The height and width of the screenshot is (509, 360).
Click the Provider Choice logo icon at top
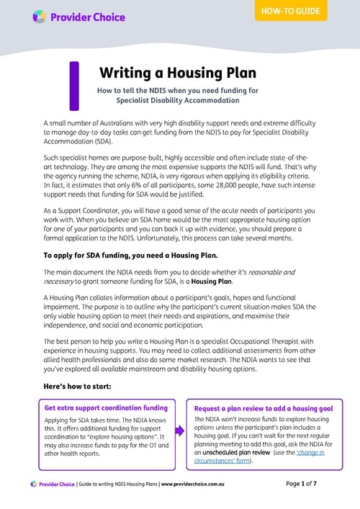pos(40,17)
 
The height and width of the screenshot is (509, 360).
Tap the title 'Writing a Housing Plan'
pos(177,73)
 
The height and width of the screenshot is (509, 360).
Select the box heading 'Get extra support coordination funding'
pos(105,407)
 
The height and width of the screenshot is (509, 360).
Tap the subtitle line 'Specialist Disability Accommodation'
pos(177,101)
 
